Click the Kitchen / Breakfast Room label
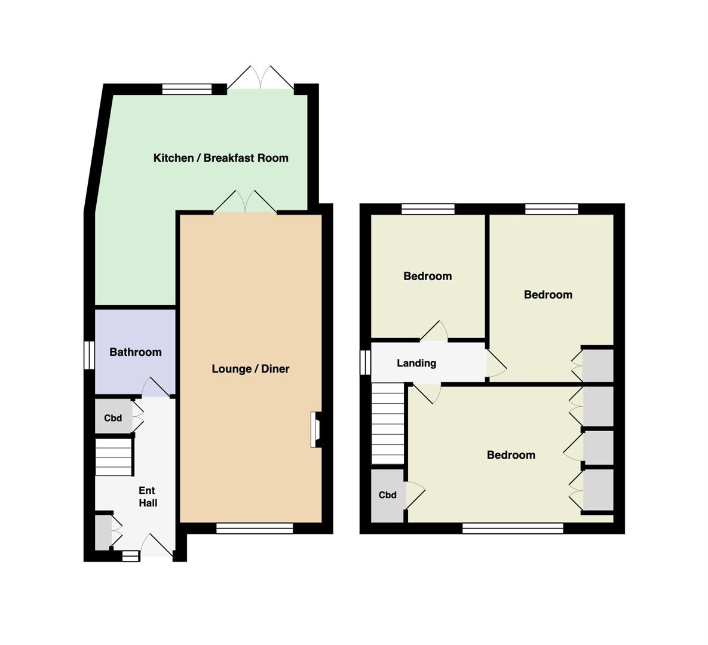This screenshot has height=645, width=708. [221, 158]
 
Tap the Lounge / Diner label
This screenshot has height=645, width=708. [250, 368]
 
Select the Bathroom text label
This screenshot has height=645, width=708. [136, 352]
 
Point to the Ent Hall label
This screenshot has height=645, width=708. [148, 496]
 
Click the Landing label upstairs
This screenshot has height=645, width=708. [416, 363]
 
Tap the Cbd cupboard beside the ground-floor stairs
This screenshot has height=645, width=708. [114, 417]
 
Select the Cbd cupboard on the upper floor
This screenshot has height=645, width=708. [387, 495]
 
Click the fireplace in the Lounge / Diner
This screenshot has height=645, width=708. [315, 429]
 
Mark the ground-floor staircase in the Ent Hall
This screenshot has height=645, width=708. [114, 456]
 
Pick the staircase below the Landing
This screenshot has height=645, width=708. [387, 423]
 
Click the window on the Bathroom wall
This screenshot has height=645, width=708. [90, 355]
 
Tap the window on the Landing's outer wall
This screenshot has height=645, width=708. [365, 362]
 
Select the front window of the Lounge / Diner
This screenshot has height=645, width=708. [255, 528]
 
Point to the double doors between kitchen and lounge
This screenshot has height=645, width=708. [245, 202]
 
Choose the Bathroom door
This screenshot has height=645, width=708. [156, 387]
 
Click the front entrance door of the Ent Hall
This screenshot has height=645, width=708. [157, 547]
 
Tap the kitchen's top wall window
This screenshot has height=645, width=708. [187, 90]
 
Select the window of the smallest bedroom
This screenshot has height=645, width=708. [428, 209]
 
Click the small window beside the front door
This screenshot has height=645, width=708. [131, 556]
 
